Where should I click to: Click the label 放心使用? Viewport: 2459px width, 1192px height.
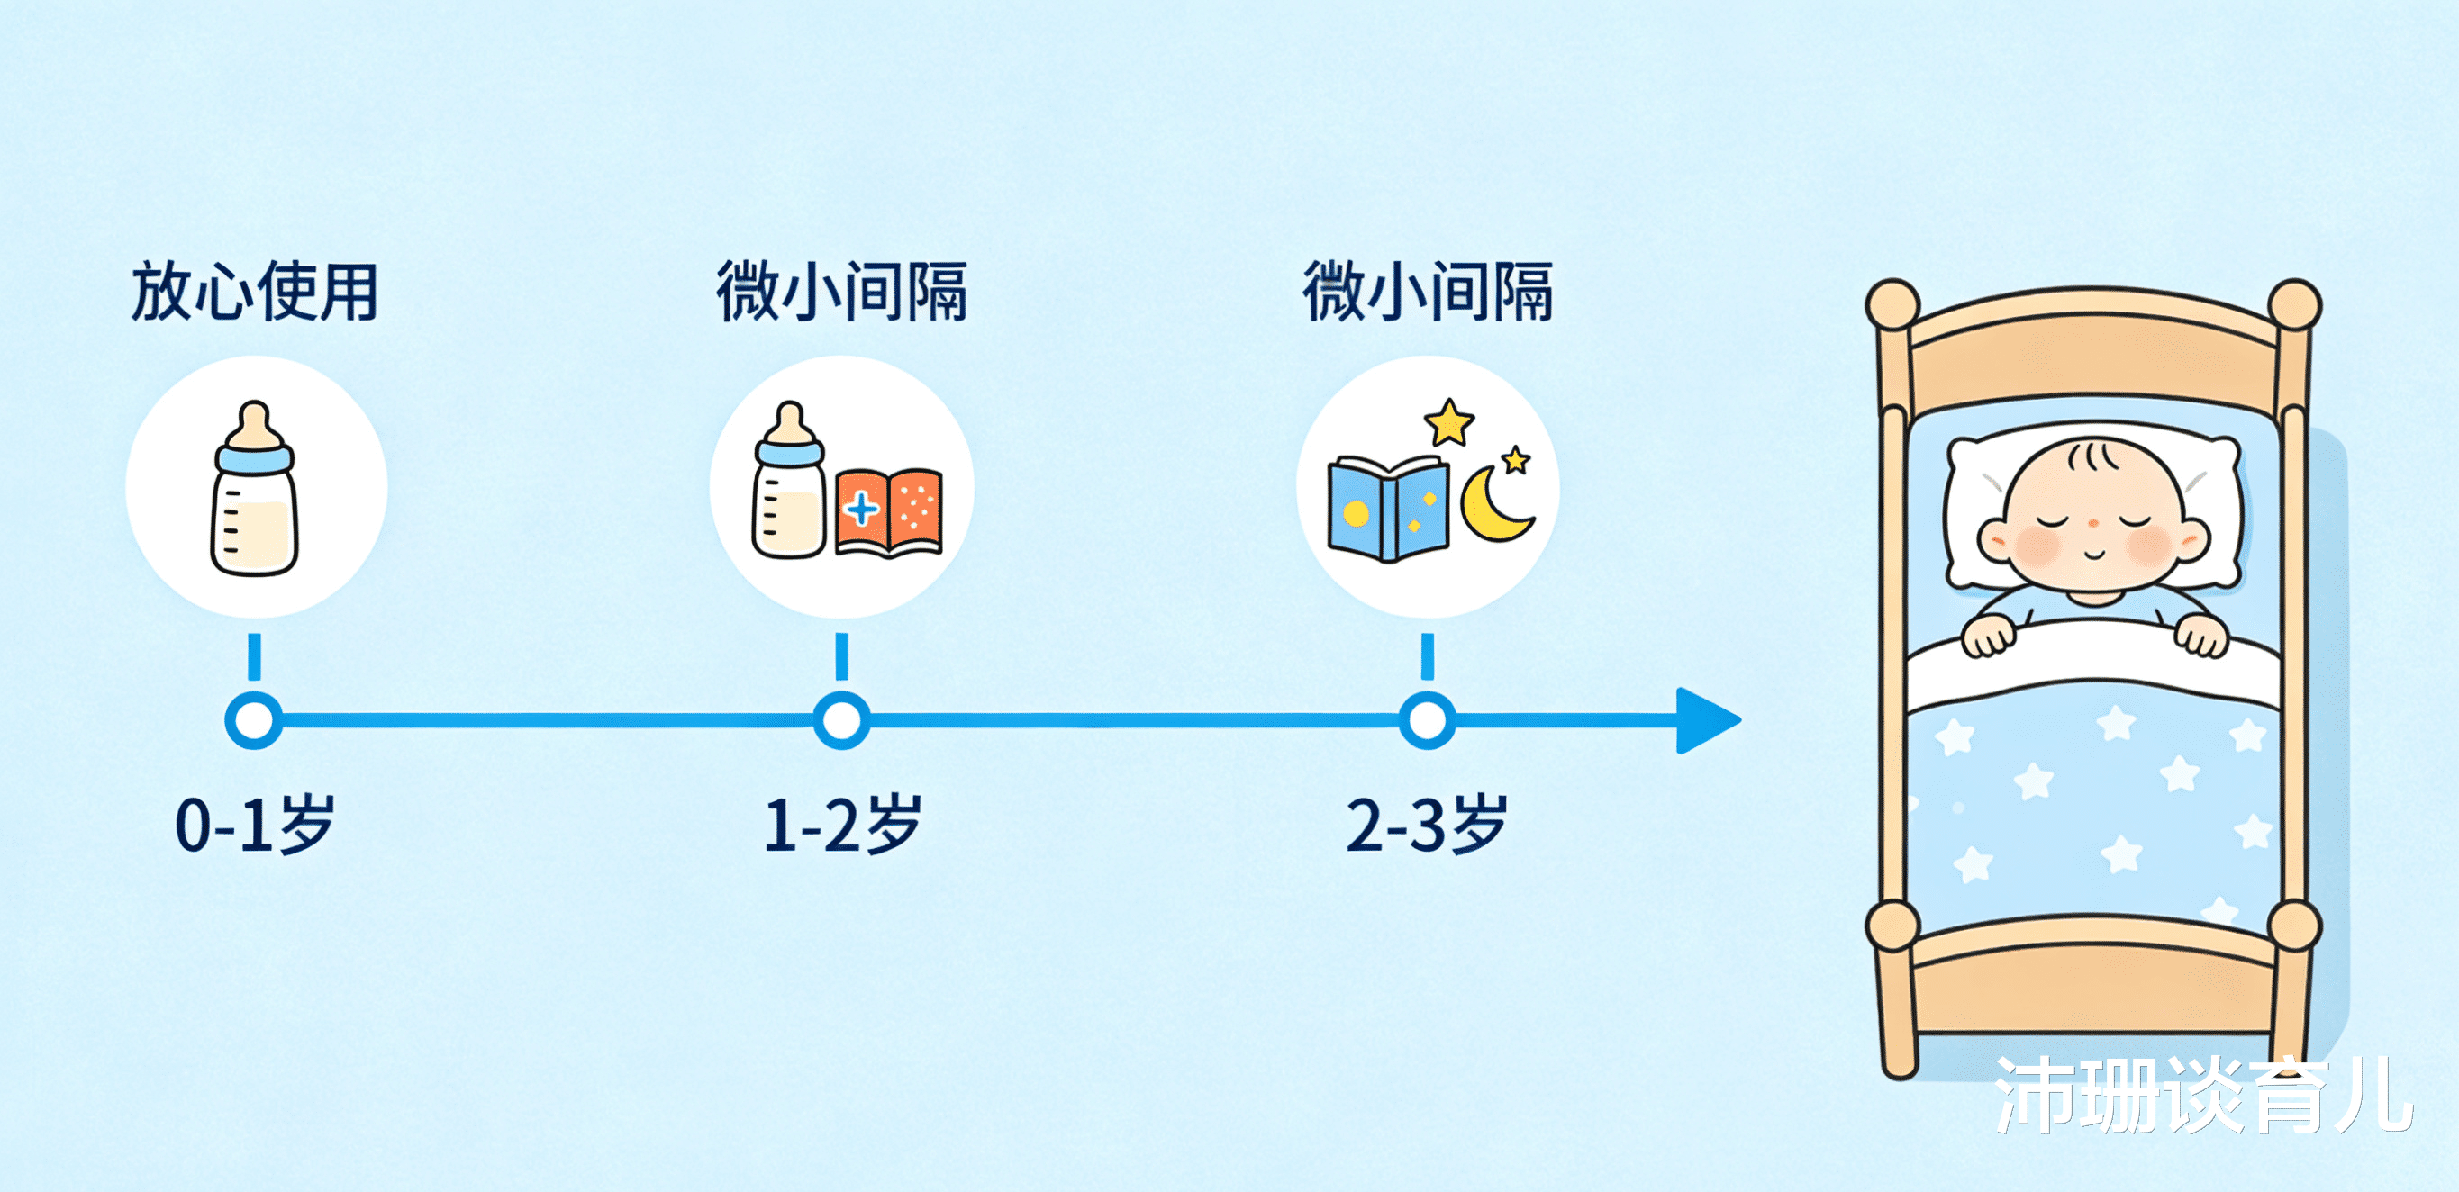[255, 292]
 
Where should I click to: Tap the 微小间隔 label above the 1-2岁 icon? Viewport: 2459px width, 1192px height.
[842, 292]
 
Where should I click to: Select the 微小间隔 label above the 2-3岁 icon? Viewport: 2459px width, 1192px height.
[1428, 292]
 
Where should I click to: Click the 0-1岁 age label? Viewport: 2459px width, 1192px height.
[255, 825]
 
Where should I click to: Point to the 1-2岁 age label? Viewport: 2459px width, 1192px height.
[842, 825]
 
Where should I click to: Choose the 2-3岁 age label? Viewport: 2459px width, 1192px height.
[1426, 825]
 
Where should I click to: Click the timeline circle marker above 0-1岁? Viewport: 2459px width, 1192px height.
[254, 720]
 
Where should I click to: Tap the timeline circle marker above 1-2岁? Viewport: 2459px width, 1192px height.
[841, 720]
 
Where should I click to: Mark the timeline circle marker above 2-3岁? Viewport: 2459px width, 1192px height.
[1427, 720]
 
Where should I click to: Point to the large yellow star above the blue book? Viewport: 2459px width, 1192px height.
[1449, 423]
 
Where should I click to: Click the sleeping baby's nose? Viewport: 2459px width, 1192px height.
[2093, 524]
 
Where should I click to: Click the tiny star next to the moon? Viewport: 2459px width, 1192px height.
[1516, 461]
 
